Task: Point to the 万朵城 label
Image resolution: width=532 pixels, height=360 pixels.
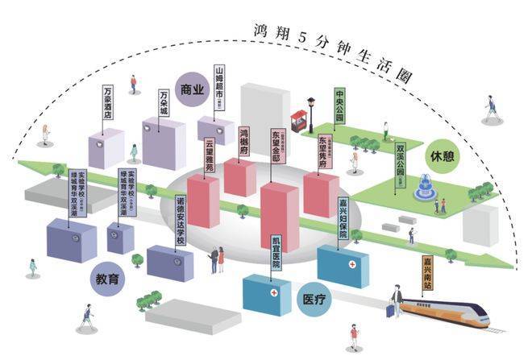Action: tap(164, 101)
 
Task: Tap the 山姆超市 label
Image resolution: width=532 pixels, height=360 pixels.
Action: tap(218, 86)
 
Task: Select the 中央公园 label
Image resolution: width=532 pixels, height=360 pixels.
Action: tap(340, 105)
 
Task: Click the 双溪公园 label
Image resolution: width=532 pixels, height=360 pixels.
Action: tap(400, 163)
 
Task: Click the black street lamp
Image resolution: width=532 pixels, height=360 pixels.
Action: tap(311, 113)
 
